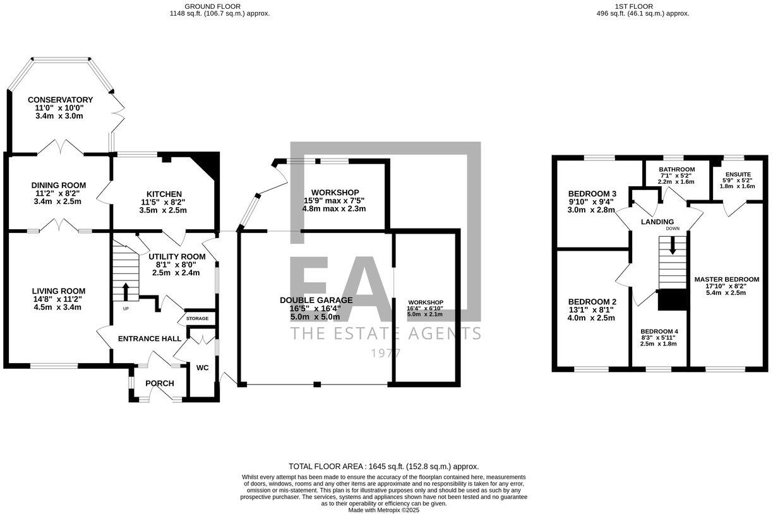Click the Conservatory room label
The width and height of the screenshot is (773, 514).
(x=60, y=100)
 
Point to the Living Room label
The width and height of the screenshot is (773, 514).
(x=57, y=291)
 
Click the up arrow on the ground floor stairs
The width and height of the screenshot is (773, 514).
(x=125, y=292)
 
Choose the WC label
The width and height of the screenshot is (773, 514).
(x=202, y=368)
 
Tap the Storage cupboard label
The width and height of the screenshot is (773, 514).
(x=197, y=319)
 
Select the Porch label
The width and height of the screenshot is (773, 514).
(x=160, y=383)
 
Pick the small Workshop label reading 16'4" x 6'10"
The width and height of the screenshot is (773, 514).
(x=425, y=302)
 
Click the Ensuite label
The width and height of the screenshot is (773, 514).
(x=738, y=174)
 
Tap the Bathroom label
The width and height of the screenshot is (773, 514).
(x=676, y=169)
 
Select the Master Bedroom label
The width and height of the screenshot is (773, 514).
(x=726, y=279)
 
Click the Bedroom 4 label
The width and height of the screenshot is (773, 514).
(x=659, y=331)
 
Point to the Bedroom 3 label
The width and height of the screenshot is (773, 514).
(x=592, y=194)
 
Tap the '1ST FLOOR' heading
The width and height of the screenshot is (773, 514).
(x=642, y=6)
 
